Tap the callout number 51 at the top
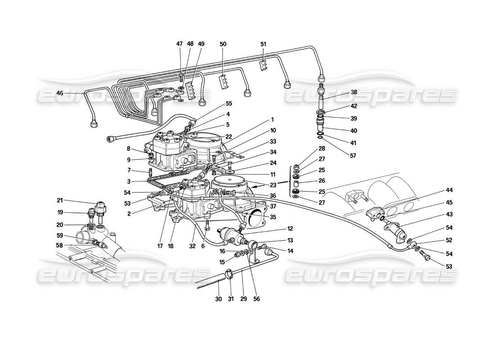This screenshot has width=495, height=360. [263, 44]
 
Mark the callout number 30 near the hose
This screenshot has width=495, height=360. [218, 298]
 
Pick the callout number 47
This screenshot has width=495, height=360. [180, 44]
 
